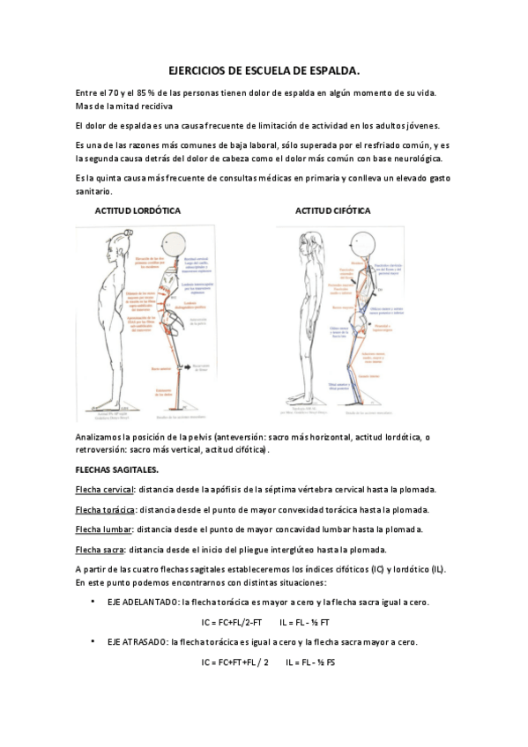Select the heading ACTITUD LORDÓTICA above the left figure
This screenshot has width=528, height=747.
(138, 211)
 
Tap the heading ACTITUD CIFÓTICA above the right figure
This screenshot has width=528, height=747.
(332, 211)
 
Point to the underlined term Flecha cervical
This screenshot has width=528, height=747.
(105, 489)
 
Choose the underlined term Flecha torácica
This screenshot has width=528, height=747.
(106, 509)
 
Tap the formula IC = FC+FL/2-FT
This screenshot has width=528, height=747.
(236, 622)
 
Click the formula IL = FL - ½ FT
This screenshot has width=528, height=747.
(313, 622)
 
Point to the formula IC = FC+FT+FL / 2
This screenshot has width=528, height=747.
(234, 662)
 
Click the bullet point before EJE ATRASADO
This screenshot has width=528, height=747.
(93, 642)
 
